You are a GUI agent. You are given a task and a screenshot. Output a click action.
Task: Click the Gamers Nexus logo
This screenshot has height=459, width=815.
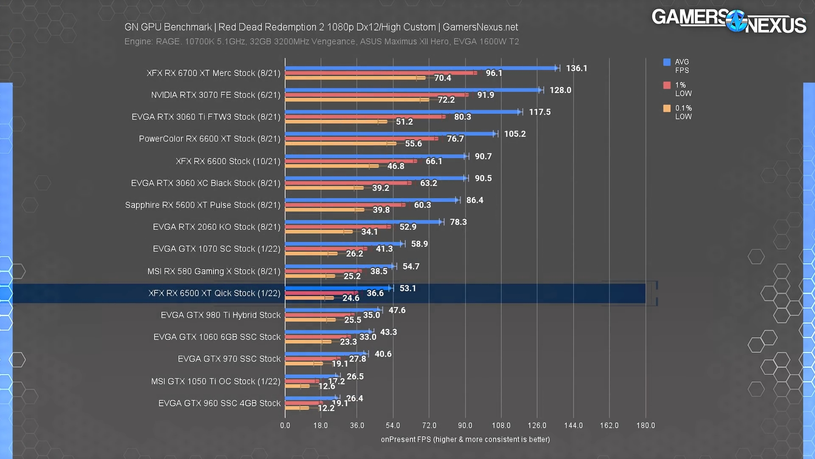pyautogui.click(x=728, y=21)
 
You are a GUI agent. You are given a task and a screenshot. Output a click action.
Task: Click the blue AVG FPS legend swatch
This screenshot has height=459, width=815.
pyautogui.click(x=667, y=62)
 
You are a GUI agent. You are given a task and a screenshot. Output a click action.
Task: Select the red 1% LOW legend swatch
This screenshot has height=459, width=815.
pyautogui.click(x=667, y=85)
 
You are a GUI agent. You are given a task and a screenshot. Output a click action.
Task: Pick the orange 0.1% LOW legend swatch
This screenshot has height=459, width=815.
pyautogui.click(x=667, y=108)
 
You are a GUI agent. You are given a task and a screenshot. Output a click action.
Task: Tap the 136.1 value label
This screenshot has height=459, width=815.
pyautogui.click(x=576, y=68)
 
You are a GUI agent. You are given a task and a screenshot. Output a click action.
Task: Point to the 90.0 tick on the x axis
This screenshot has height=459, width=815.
pyautogui.click(x=465, y=425)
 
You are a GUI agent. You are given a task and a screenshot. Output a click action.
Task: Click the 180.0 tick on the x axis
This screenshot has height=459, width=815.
pyautogui.click(x=645, y=425)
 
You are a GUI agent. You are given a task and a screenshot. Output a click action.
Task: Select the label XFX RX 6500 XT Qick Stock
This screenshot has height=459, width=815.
pyautogui.click(x=214, y=293)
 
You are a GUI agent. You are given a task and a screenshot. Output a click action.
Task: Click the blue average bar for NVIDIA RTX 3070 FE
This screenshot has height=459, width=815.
pyautogui.click(x=412, y=90)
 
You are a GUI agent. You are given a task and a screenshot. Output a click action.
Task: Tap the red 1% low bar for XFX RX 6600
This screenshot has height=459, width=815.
pyautogui.click(x=350, y=161)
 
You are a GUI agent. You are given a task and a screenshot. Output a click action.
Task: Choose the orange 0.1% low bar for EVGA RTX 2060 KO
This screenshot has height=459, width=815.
pyautogui.click(x=318, y=232)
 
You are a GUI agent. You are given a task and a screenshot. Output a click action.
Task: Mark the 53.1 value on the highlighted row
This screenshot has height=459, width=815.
pyautogui.click(x=407, y=288)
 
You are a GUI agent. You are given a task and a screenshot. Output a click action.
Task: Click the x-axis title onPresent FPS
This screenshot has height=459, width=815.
pyautogui.click(x=465, y=439)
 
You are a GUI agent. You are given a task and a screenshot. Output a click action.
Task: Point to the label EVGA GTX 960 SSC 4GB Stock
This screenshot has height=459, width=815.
pyautogui.click(x=219, y=403)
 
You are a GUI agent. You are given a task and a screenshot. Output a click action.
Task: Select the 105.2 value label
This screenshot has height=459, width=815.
pyautogui.click(x=515, y=134)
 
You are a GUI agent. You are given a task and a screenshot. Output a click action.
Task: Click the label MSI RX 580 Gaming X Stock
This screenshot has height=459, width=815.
pyautogui.click(x=214, y=271)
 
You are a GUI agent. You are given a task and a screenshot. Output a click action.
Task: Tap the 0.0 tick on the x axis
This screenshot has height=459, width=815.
pyautogui.click(x=285, y=425)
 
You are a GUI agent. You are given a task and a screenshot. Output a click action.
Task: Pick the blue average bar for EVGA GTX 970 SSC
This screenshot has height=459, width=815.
pyautogui.click(x=325, y=354)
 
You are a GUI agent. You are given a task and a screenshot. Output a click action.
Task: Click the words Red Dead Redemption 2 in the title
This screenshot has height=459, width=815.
pyautogui.click(x=271, y=27)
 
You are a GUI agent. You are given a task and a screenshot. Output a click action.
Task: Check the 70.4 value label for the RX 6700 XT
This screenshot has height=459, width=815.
pyautogui.click(x=442, y=78)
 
